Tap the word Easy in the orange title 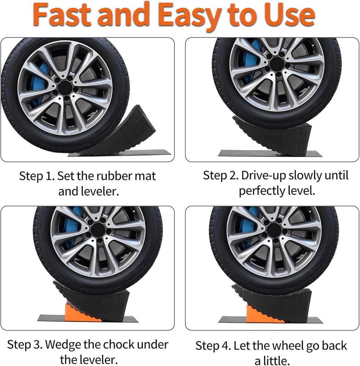tap(188, 16)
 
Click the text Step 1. tap(37, 176)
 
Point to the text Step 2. tap(220, 175)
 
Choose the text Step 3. tap(25, 344)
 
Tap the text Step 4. tap(213, 346)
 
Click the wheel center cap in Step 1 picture tap(65, 88)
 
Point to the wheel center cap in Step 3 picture tap(98, 230)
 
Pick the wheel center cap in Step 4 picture tap(274, 230)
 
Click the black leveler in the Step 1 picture tap(124, 134)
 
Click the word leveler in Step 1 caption tap(100, 191)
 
